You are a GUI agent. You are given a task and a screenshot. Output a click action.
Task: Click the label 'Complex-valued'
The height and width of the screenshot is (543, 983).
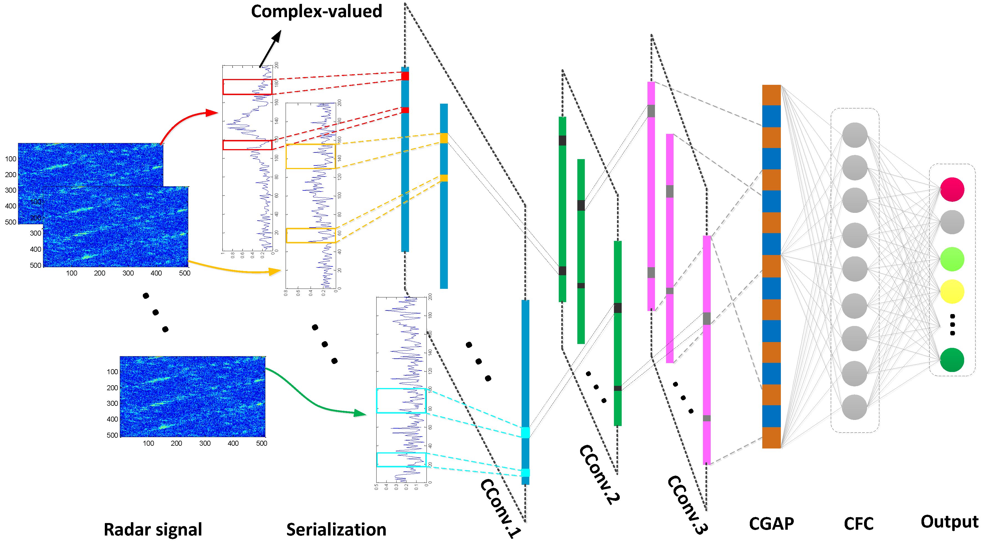point(316,11)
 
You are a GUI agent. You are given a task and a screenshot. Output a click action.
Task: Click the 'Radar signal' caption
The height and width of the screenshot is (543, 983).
point(153,529)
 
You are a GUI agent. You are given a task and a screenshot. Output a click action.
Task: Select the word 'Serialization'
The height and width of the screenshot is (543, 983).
point(336,529)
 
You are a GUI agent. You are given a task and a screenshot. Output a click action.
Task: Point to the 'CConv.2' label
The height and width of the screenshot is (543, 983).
point(600,475)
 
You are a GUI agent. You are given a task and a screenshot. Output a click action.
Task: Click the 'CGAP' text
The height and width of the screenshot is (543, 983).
point(771,524)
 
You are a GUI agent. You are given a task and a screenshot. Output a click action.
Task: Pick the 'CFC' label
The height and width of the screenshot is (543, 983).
point(858,524)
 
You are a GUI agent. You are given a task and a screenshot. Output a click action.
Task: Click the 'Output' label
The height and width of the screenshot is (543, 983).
point(949,522)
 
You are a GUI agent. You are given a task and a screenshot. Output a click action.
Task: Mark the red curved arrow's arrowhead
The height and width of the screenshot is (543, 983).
point(211,113)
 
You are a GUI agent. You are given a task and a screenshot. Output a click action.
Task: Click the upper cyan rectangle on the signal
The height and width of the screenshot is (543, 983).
point(401,400)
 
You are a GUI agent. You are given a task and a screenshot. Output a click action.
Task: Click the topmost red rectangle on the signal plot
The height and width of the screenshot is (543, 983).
point(247,87)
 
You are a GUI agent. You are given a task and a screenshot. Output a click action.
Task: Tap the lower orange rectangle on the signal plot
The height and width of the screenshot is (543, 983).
point(311,235)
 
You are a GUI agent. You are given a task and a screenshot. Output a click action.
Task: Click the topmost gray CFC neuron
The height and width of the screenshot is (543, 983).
point(854,135)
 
